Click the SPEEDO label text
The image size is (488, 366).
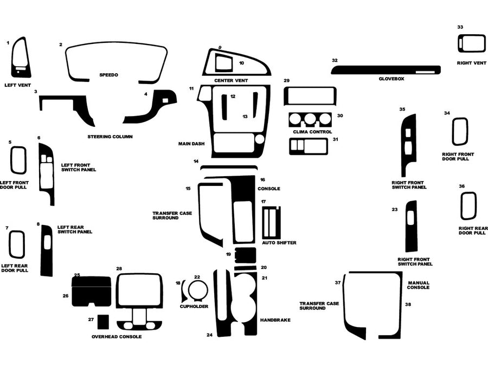click(108, 74)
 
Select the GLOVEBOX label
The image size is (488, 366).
click(391, 79)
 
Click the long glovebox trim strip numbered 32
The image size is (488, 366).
click(380, 70)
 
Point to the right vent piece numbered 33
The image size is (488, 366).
click(471, 43)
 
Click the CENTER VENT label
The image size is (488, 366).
click(231, 80)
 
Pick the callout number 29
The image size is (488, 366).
click(287, 80)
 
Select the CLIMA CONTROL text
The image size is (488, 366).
click(312, 132)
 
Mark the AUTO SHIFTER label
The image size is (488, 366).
click(279, 242)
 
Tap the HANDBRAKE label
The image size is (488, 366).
click(275, 320)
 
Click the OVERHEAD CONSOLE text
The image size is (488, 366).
click(117, 337)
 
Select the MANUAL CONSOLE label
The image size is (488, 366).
click(419, 285)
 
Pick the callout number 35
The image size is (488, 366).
click(402, 110)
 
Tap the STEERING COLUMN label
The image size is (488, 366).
click(110, 137)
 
